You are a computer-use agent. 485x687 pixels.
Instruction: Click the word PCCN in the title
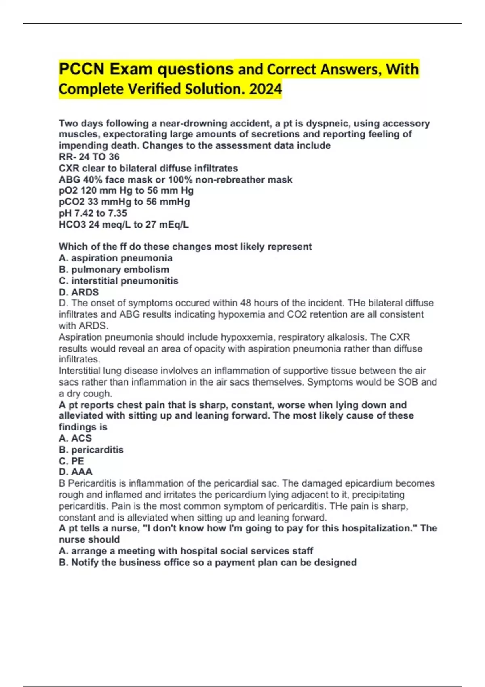[x=81, y=69]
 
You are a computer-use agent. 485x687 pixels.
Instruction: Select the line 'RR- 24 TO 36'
[x=89, y=157]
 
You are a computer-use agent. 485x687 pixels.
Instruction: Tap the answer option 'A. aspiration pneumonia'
[x=116, y=258]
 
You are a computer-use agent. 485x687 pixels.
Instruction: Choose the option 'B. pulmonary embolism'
[x=114, y=270]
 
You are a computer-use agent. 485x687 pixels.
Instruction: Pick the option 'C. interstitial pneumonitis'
[x=118, y=281]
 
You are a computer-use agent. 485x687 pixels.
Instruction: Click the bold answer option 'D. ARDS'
[x=78, y=292]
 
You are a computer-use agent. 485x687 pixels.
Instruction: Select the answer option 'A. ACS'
[x=75, y=438]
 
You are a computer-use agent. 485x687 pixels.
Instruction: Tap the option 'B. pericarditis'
[x=91, y=450]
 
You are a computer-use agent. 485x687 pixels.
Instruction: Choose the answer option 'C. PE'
[x=72, y=461]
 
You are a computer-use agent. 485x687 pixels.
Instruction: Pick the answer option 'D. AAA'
[x=76, y=472]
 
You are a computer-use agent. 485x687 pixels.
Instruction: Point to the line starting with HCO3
[x=123, y=225]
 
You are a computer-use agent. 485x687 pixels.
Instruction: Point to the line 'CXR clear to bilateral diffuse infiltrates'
[x=148, y=168]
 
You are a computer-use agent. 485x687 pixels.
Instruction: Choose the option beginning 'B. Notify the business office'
[x=207, y=563]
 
